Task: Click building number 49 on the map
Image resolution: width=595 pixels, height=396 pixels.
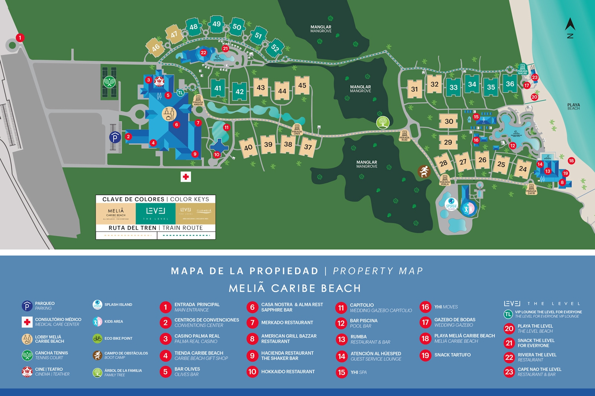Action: click(x=216, y=24)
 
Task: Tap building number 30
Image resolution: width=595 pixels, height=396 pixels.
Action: click(x=448, y=121)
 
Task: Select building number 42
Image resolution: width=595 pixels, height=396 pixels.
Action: click(x=239, y=91)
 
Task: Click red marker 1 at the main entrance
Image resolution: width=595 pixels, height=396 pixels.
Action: click(x=20, y=38)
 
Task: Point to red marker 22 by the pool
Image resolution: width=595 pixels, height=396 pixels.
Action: click(x=203, y=53)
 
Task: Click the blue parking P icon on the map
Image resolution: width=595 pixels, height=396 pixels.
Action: click(x=115, y=138)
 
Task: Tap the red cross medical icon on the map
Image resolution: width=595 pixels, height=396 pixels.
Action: click(x=186, y=177)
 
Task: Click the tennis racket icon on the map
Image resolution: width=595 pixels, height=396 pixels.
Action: click(x=109, y=82)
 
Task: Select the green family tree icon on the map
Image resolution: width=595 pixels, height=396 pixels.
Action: click(x=383, y=122)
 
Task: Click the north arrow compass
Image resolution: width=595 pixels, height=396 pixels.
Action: click(x=570, y=28)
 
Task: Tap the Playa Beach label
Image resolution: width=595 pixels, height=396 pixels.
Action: click(x=573, y=107)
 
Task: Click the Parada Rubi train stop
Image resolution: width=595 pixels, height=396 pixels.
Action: click(x=404, y=136)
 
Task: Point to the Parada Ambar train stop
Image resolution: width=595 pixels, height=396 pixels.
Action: click(x=198, y=100)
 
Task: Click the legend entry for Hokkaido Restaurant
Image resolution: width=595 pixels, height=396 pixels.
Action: click(x=288, y=371)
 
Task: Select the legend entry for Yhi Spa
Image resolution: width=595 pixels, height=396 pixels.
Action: click(x=358, y=372)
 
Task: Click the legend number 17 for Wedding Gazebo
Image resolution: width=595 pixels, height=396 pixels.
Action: click(x=425, y=322)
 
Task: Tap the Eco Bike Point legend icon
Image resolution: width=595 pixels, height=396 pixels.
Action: click(x=97, y=338)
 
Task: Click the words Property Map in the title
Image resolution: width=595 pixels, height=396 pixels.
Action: click(x=378, y=271)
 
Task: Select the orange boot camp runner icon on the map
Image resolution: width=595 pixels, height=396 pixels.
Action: click(x=424, y=171)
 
